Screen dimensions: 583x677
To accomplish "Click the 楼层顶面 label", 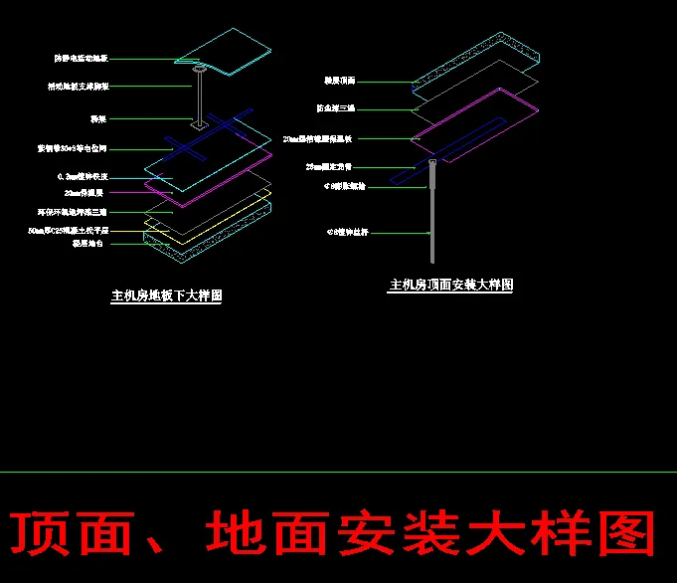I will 339,81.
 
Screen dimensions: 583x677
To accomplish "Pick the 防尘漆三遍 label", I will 335,107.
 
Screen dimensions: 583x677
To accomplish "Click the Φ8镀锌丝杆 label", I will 347,233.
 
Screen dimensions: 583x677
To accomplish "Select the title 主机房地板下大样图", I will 166,295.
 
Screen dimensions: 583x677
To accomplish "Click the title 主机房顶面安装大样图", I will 450,285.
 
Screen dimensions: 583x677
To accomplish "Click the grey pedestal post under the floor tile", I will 200,99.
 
